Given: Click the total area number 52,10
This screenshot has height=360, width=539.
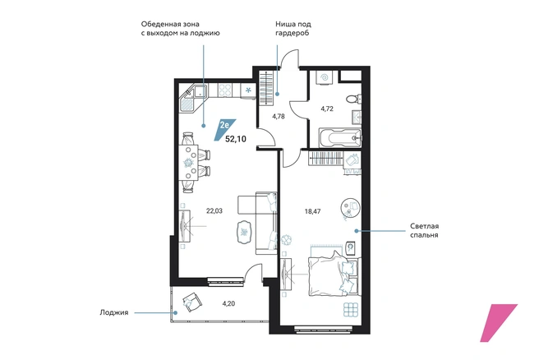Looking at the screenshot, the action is (236, 139).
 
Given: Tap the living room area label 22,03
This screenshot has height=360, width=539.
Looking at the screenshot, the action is (214, 210).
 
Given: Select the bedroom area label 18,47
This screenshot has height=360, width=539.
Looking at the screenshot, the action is (312, 211).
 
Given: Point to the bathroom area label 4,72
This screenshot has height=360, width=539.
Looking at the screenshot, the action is (327, 108).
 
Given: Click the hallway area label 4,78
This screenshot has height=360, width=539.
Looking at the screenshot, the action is (279, 116).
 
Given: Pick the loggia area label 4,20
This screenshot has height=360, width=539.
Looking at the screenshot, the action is (228, 303).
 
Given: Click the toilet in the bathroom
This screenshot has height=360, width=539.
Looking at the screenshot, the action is (353, 99).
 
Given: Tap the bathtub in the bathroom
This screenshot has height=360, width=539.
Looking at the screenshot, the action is (340, 138).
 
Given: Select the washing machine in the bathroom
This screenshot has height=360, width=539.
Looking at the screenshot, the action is (325, 78).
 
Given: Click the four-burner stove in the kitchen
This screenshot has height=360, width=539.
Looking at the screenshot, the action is (225, 90).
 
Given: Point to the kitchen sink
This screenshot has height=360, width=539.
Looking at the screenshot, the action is (200, 91).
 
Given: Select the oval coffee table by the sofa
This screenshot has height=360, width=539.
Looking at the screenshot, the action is (245, 233).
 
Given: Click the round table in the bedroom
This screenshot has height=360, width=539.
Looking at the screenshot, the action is (351, 207).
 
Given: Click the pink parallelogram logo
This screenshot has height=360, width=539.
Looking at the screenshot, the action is (498, 323).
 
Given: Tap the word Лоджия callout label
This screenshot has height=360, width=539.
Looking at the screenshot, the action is (114, 312).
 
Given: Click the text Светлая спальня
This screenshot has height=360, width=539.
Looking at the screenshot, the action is (424, 231).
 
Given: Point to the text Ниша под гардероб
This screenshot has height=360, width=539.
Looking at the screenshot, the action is (293, 29).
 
